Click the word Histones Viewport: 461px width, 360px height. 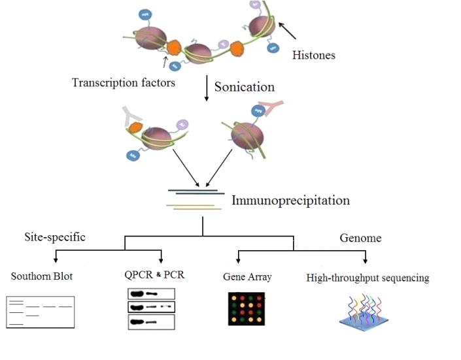(313, 56)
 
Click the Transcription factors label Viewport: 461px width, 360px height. (124, 82)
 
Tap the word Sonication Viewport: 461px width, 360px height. (245, 87)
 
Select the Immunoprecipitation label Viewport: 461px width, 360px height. (290, 201)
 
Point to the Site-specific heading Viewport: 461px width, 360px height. (54, 237)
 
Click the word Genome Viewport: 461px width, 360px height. (361, 238)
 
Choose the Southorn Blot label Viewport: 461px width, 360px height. (42, 276)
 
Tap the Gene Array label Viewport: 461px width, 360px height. (247, 277)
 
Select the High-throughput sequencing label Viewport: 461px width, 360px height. (367, 278)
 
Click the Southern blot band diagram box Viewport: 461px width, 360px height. (40, 312)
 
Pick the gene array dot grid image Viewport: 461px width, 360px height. (248, 308)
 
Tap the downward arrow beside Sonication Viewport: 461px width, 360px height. (207, 90)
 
